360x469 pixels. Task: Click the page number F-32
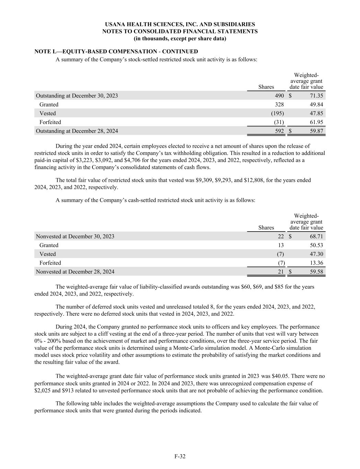point(180,456)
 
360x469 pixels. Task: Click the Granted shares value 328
point(279,104)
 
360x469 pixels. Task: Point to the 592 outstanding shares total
point(279,131)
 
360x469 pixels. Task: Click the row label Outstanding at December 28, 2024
point(77,131)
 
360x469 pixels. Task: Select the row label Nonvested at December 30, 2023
point(75,236)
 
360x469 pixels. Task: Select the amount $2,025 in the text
point(42,391)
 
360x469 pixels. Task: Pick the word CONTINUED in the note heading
point(180,52)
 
